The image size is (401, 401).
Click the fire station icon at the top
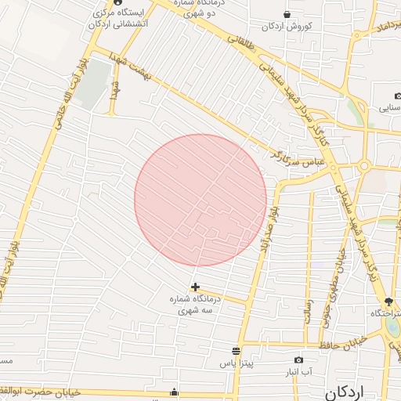pyautogui.click(x=117, y=2)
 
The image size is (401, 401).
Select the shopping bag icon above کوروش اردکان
pyautogui.click(x=287, y=14)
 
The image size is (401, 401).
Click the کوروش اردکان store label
pyautogui.click(x=287, y=27)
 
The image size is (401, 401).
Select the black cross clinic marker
pyautogui.click(x=195, y=287)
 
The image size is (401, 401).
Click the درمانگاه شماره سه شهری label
pyautogui.click(x=196, y=305)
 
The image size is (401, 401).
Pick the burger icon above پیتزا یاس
pyautogui.click(x=236, y=350)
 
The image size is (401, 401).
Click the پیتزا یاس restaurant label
pyautogui.click(x=235, y=364)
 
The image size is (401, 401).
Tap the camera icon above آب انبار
pyautogui.click(x=298, y=359)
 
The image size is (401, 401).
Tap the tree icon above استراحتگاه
pyautogui.click(x=388, y=302)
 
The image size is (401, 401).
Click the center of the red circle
pyautogui.click(x=200, y=200)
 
